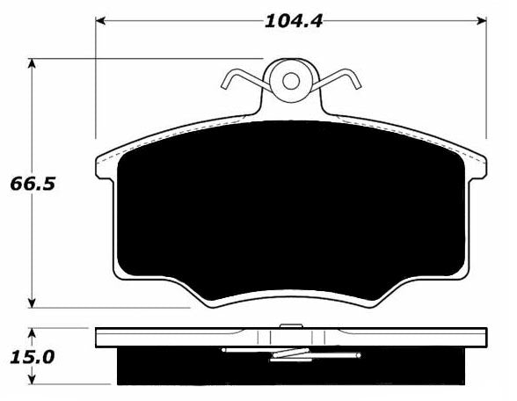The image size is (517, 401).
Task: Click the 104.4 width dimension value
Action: [293, 22]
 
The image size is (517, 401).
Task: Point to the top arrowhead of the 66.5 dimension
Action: [32, 63]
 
